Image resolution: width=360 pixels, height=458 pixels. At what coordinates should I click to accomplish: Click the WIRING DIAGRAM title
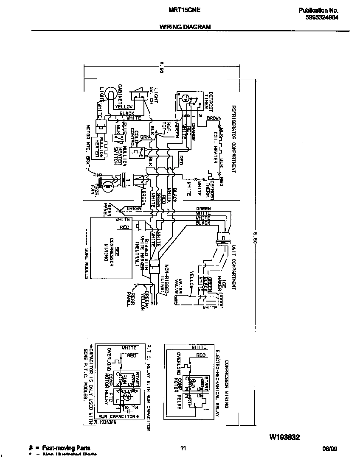pyautogui.click(x=185, y=26)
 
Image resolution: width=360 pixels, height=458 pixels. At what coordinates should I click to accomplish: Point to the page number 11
pyautogui.click(x=183, y=448)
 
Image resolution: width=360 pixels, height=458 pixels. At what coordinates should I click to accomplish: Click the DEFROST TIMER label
pyautogui.click(x=205, y=102)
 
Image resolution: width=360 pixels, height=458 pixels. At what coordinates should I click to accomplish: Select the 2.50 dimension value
pyautogui.click(x=161, y=68)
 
